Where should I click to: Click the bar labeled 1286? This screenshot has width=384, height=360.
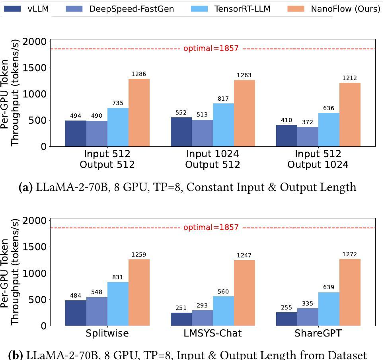click(139, 113)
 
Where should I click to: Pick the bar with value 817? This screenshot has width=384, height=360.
click(223, 125)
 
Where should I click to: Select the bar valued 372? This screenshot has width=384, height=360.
click(308, 136)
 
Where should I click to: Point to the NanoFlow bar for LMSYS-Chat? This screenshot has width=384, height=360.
click(244, 293)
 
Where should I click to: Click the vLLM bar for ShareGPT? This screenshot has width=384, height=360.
click(287, 319)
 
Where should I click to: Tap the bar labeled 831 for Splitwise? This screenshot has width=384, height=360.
click(118, 304)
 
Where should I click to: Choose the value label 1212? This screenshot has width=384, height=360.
click(349, 78)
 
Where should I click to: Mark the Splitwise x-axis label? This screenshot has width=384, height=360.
click(107, 333)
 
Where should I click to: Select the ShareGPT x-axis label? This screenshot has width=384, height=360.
click(318, 333)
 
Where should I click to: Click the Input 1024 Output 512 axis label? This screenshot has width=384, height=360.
click(212, 159)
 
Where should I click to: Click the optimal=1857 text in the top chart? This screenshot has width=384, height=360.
click(211, 49)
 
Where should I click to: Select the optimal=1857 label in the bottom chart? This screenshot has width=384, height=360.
click(211, 228)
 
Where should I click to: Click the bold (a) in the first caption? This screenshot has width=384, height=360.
click(26, 187)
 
